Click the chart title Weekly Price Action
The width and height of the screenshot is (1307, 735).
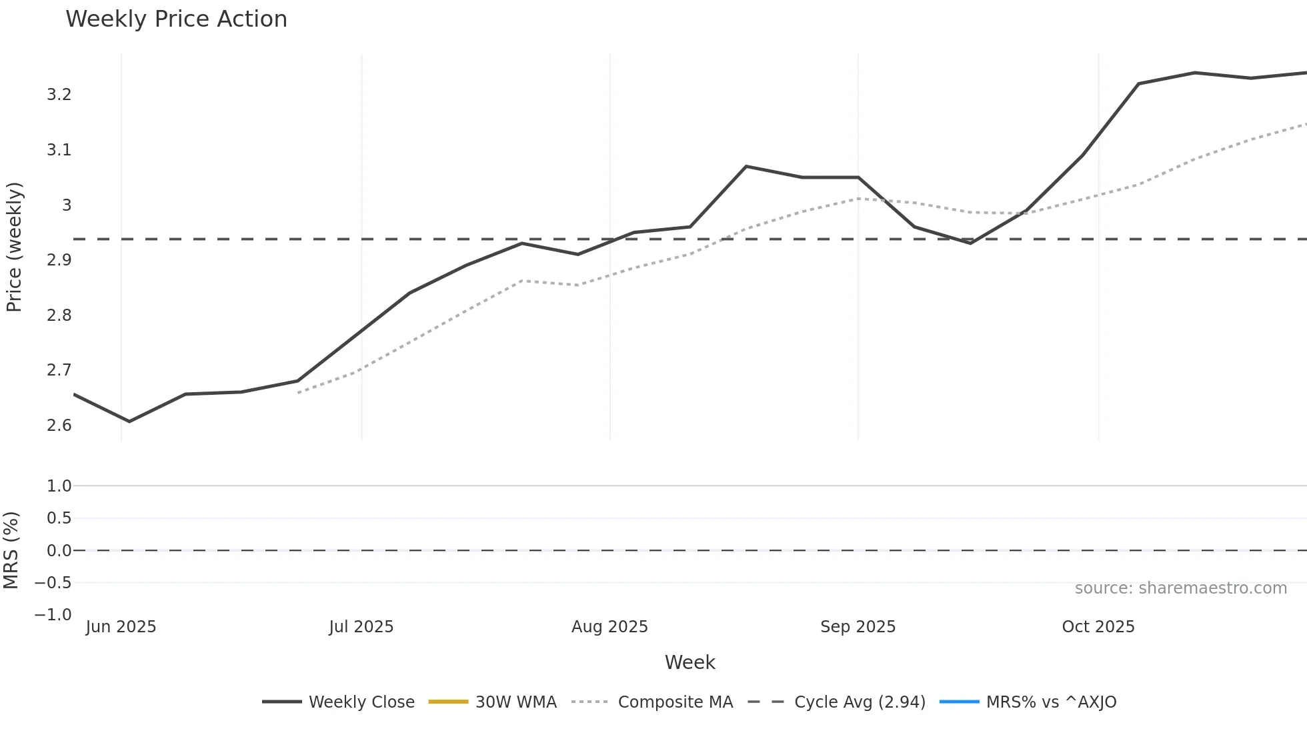176,19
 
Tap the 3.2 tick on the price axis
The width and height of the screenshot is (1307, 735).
59,95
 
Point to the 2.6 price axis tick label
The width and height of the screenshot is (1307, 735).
59,426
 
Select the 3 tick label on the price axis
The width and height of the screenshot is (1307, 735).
67,205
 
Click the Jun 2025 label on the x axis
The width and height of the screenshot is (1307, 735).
121,627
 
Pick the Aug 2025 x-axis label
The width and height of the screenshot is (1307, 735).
609,627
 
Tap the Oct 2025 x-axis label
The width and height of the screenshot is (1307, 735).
1098,627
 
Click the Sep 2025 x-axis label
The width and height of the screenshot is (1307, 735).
858,627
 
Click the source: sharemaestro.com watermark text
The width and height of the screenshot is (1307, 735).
1180,588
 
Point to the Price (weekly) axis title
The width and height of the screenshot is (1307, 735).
14,247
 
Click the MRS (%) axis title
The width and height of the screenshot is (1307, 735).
11,550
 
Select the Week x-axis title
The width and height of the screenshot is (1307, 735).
690,662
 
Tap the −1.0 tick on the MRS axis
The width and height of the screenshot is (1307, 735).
53,615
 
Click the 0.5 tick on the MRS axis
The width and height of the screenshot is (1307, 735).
59,518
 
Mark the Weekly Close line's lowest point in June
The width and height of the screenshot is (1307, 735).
129,422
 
